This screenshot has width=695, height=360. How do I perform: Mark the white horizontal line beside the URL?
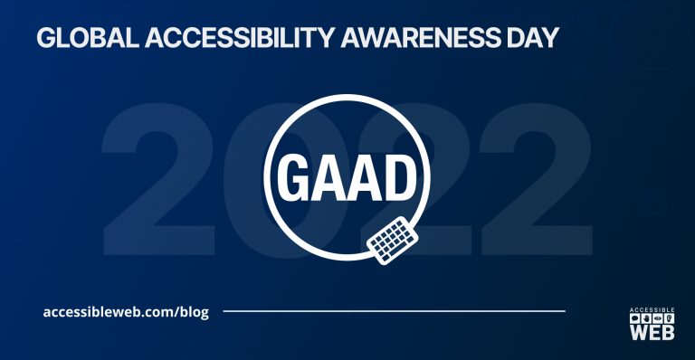394,311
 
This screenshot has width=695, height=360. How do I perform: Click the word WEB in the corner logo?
652,333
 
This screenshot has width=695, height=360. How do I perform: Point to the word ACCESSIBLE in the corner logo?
652,311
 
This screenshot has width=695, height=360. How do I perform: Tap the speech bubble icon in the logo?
634,319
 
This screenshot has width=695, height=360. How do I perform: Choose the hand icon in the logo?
646,319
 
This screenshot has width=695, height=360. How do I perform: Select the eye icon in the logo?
658,319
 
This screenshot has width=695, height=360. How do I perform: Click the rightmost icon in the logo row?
670,319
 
